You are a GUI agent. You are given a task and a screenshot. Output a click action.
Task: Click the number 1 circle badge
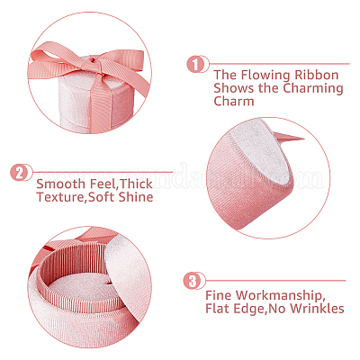[195, 64]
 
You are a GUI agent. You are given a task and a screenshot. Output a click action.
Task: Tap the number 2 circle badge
[19, 173]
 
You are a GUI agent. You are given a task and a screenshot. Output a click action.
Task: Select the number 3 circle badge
[192, 281]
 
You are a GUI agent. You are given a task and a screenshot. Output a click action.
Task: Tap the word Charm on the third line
[234, 101]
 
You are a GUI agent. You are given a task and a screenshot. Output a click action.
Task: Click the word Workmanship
[278, 296]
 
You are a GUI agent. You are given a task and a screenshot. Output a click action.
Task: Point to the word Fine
[219, 295]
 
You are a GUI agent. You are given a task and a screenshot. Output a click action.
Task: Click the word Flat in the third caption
[218, 309]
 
